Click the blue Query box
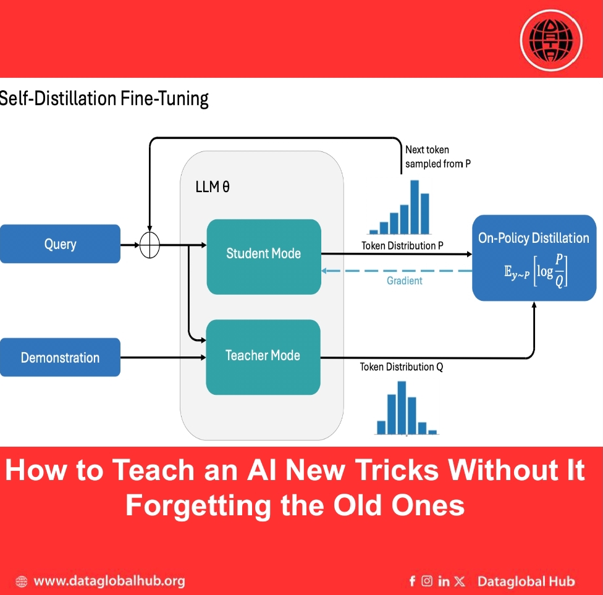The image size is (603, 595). pyautogui.click(x=60, y=244)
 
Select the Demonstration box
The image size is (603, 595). pyautogui.click(x=60, y=357)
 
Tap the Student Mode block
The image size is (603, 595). pyautogui.click(x=264, y=253)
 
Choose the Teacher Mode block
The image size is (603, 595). pyautogui.click(x=263, y=355)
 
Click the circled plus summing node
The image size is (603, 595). pyautogui.click(x=150, y=245)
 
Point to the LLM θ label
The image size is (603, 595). pyautogui.click(x=213, y=187)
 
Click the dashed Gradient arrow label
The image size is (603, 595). pyautogui.click(x=404, y=281)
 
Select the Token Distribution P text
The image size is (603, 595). pyautogui.click(x=402, y=245)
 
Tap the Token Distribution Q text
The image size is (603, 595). pyautogui.click(x=402, y=366)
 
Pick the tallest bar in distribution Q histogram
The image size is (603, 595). pyautogui.click(x=402, y=408)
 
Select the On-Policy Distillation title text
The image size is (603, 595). pyautogui.click(x=534, y=238)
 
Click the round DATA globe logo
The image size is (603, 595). pyautogui.click(x=551, y=40)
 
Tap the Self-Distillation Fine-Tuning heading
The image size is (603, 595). pyautogui.click(x=104, y=99)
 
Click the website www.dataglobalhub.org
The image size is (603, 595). pyautogui.click(x=109, y=581)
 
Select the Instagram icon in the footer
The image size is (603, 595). pyautogui.click(x=427, y=581)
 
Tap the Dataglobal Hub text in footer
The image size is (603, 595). pyautogui.click(x=526, y=581)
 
